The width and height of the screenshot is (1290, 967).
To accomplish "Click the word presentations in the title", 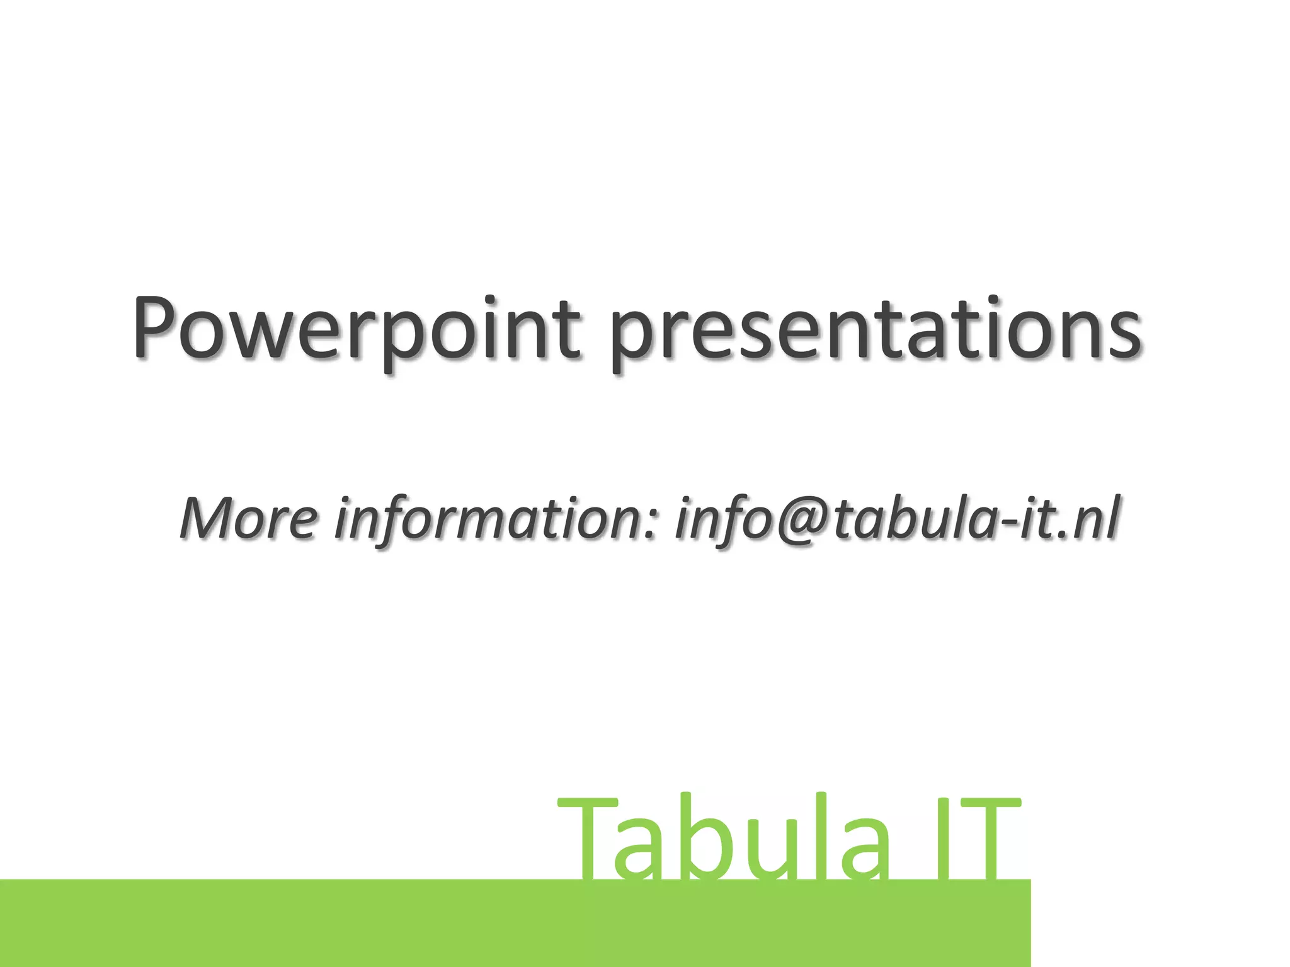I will click(876, 331).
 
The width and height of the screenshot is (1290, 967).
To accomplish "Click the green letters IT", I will click(976, 840).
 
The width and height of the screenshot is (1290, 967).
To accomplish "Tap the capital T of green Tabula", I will click(589, 840).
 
